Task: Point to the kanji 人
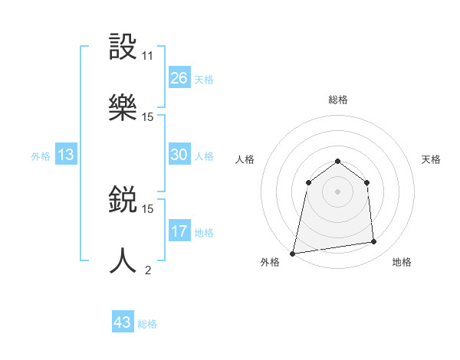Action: click(x=123, y=260)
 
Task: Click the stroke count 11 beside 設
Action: click(x=148, y=56)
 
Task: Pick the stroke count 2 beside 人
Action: click(x=148, y=270)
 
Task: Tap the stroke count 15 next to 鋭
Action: click(x=148, y=208)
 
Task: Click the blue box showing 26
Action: click(x=179, y=78)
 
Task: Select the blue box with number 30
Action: click(x=179, y=155)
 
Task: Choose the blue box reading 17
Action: click(x=179, y=231)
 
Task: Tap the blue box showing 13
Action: click(x=66, y=155)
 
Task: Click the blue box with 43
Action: click(x=123, y=322)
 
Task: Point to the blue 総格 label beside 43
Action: click(x=147, y=324)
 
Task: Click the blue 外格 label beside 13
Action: click(x=41, y=156)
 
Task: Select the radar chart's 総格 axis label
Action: click(x=338, y=100)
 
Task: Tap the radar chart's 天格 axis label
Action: click(x=431, y=159)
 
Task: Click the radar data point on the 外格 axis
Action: click(x=292, y=253)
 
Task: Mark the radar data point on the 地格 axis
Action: click(x=373, y=242)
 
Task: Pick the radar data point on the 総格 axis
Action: click(x=338, y=161)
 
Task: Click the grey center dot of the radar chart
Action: click(x=338, y=191)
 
